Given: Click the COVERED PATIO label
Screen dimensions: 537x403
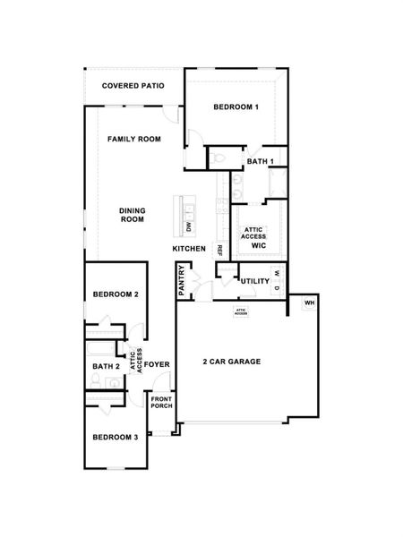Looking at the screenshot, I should [x=132, y=87].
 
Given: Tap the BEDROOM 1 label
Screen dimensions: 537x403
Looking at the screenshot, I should [x=236, y=107].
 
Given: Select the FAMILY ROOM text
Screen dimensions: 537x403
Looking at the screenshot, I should [x=134, y=140].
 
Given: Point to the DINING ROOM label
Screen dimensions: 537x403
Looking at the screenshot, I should [x=133, y=216].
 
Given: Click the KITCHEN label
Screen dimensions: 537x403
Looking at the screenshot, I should [x=190, y=248].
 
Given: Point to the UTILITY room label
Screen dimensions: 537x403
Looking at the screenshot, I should [x=255, y=281].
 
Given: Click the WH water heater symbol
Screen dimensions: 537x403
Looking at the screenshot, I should [x=310, y=303].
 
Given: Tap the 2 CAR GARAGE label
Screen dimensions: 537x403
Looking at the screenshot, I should [x=230, y=362].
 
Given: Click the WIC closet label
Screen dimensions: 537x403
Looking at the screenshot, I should [x=259, y=244].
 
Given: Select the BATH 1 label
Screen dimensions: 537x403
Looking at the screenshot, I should [x=260, y=161].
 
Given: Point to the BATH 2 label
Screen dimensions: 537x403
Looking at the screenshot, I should [x=106, y=366].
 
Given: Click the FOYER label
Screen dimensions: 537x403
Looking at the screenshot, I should [x=159, y=364].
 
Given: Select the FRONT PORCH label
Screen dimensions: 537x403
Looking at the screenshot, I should [x=161, y=402].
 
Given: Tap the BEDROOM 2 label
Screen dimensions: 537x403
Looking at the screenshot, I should [x=116, y=294].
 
